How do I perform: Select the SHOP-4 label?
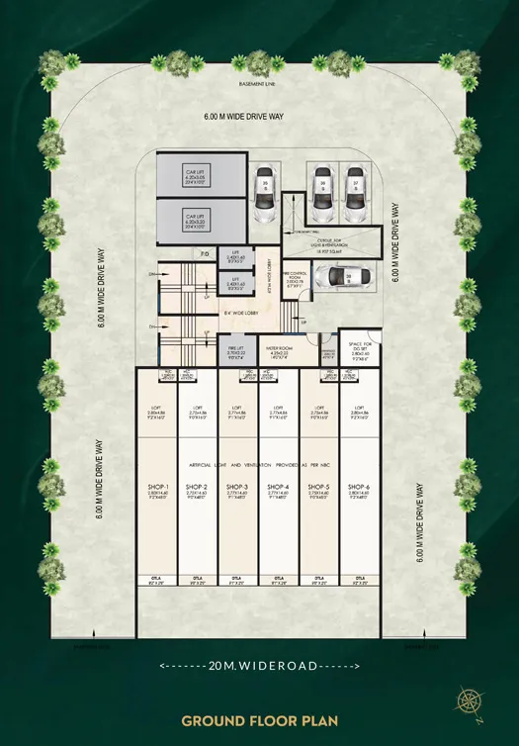point(278,487)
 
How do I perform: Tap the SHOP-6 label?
point(360,487)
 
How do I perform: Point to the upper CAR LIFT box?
point(195,176)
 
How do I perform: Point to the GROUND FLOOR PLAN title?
point(259,721)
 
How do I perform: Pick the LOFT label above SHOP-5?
point(319,407)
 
